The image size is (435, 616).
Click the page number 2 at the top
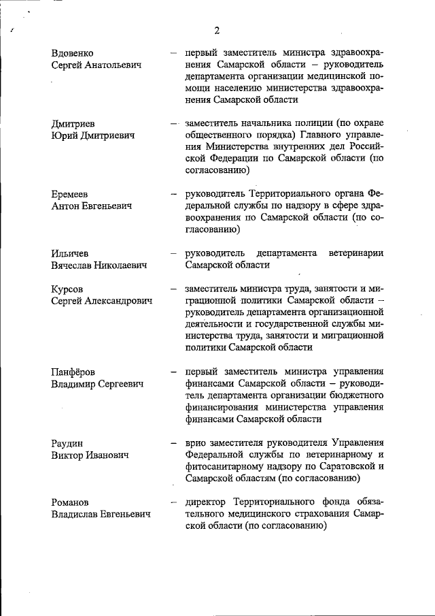click(217, 30)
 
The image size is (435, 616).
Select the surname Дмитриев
click(73, 123)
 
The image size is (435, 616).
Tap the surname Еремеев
click(71, 194)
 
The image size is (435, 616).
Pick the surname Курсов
click(68, 289)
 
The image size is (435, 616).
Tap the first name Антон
click(68, 206)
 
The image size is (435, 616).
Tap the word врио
click(195, 442)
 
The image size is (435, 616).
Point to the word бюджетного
click(356, 395)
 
